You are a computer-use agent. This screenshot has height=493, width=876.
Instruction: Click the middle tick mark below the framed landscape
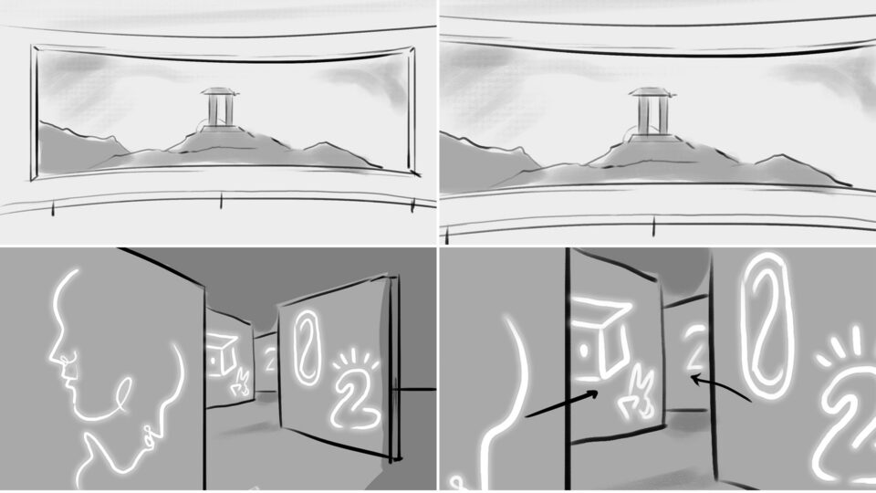[x=221, y=200]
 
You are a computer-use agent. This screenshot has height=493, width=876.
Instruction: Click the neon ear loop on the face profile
[x=122, y=393]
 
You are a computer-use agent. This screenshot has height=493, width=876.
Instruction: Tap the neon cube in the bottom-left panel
[x=223, y=352]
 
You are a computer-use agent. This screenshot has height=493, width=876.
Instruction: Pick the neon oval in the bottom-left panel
[x=306, y=346]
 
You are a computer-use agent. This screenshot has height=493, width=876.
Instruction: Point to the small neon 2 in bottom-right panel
[x=696, y=349]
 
